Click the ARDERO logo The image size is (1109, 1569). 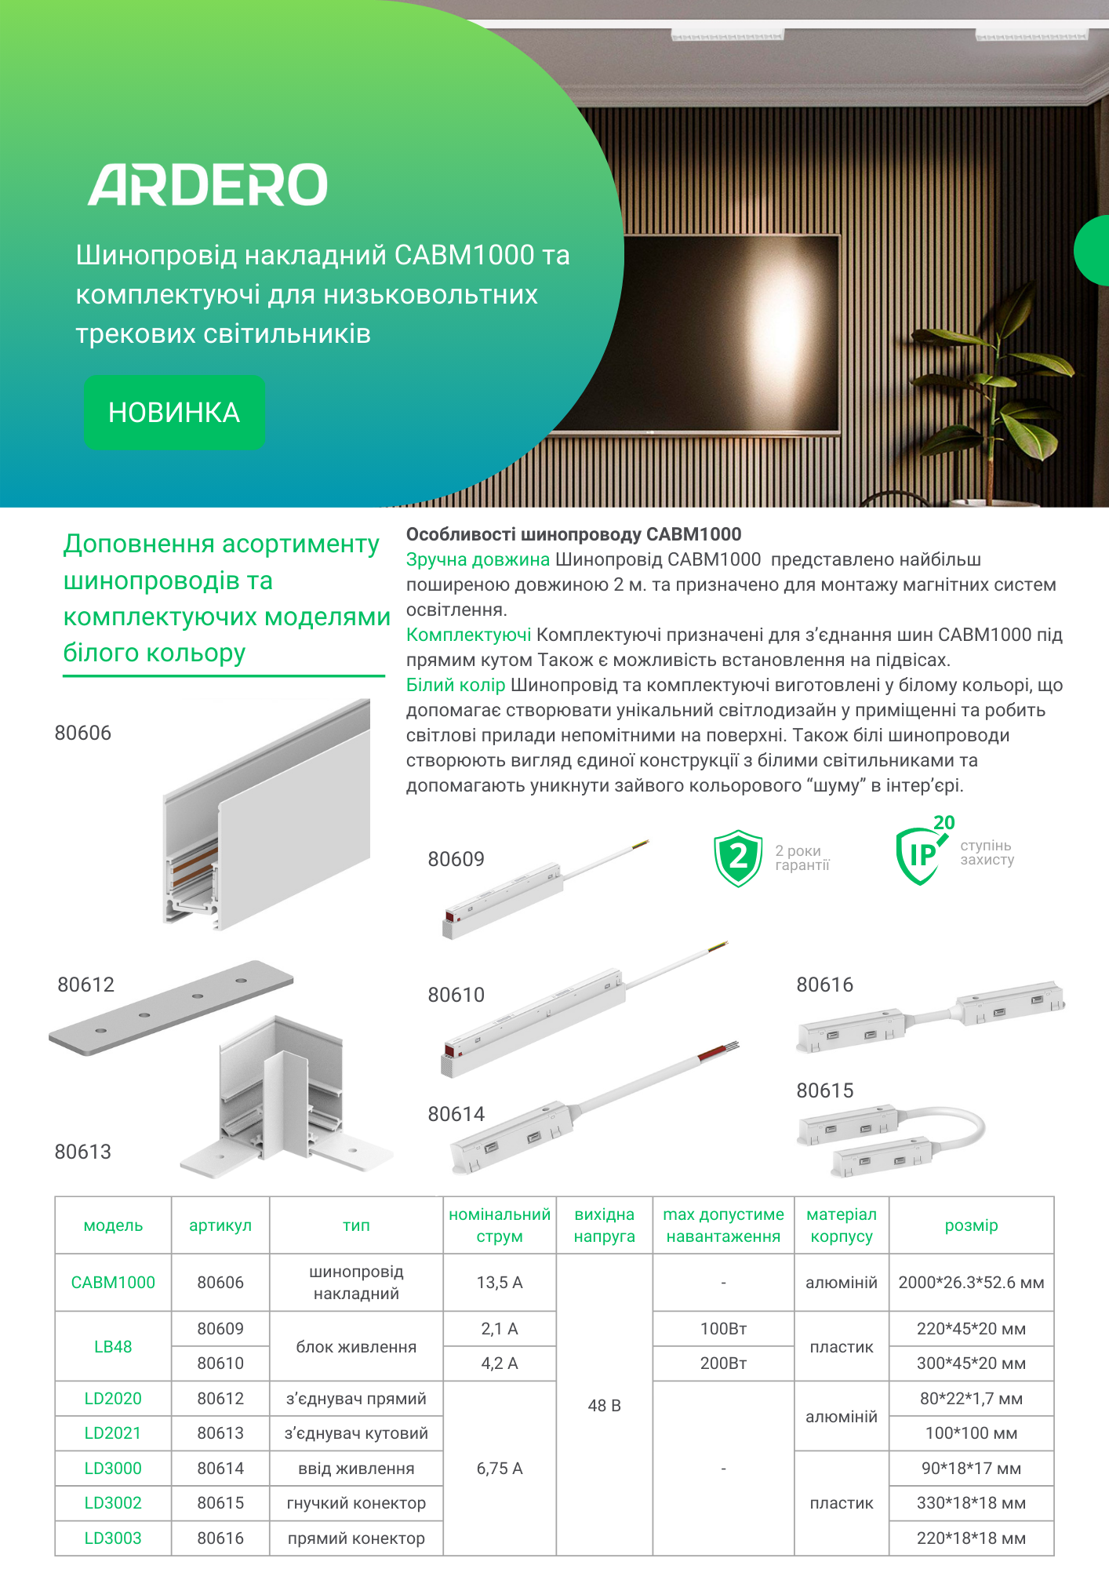[x=208, y=185]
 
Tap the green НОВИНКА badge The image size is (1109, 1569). [x=174, y=412]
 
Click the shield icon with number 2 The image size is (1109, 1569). [x=737, y=857]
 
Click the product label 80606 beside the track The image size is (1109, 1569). [x=83, y=733]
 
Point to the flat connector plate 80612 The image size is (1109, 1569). [x=171, y=1007]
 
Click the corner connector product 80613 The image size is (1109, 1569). [x=282, y=1098]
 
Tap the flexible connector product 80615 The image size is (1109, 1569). [x=890, y=1138]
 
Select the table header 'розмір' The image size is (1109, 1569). [x=971, y=1225]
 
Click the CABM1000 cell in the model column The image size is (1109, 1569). [x=113, y=1283]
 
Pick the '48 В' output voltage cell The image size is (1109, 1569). [x=604, y=1405]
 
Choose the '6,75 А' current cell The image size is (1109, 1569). [x=500, y=1468]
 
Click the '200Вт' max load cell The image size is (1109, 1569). [x=723, y=1363]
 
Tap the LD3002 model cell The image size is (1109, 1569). [x=113, y=1503]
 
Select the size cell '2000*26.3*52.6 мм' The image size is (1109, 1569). [x=971, y=1283]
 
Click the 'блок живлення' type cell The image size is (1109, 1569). [x=356, y=1347]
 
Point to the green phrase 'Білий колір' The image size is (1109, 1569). [x=456, y=685]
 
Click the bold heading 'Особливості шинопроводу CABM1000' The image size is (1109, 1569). [x=573, y=534]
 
